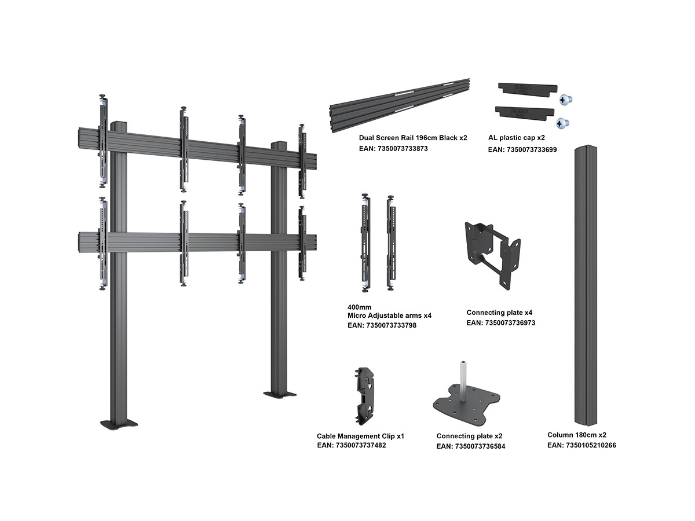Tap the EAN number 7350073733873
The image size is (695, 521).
pyautogui.click(x=393, y=149)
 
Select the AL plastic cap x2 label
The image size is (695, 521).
pyautogui.click(x=517, y=138)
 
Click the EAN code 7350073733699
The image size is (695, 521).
pyautogui.click(x=522, y=149)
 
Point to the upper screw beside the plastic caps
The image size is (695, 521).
pyautogui.click(x=565, y=100)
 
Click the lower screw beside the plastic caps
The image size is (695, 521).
pyautogui.click(x=562, y=123)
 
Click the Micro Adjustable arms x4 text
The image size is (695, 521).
pyautogui.click(x=389, y=315)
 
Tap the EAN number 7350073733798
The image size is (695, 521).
pyautogui.click(x=382, y=325)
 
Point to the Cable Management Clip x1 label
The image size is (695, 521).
pyautogui.click(x=360, y=436)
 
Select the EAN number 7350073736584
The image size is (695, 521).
pyautogui.click(x=471, y=446)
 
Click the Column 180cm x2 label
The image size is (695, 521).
pyautogui.click(x=577, y=435)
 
